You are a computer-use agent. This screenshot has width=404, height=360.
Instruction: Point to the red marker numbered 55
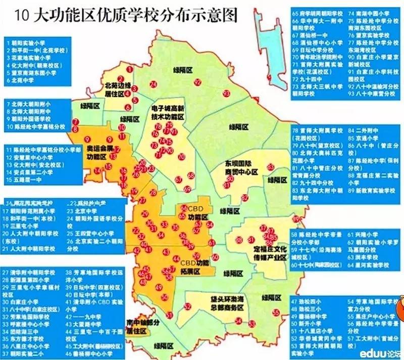tap(276, 312)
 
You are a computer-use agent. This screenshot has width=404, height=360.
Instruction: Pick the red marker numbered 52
tap(187, 306)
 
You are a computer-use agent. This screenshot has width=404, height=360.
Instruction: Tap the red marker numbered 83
tap(271, 167)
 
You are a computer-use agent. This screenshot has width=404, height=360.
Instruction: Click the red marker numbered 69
tap(187, 189)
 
